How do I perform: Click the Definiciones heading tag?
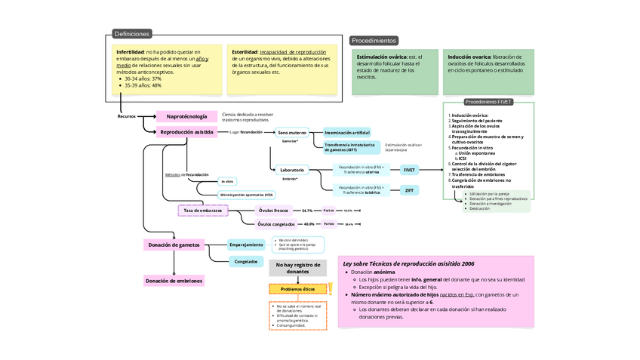tap(131, 34)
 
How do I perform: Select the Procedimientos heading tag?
tap(374, 40)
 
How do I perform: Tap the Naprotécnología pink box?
tap(186, 116)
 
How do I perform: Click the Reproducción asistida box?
tap(186, 132)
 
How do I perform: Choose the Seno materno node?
tap(292, 133)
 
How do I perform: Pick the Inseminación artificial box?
tap(347, 133)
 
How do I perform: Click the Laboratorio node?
tap(292, 170)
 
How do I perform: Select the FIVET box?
tap(409, 170)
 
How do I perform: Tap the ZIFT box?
tap(409, 190)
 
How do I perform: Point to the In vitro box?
tap(227, 181)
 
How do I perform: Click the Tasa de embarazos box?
tap(202, 211)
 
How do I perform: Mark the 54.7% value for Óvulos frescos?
tap(307, 211)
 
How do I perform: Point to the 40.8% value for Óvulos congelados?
tap(309, 224)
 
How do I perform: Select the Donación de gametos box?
tap(174, 245)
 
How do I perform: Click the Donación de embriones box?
tap(174, 281)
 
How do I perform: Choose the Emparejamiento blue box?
tap(246, 245)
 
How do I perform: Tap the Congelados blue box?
tap(246, 262)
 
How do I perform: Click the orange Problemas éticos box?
tap(297, 289)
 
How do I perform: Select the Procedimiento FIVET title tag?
tap(488, 102)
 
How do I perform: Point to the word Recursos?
tap(126, 116)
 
